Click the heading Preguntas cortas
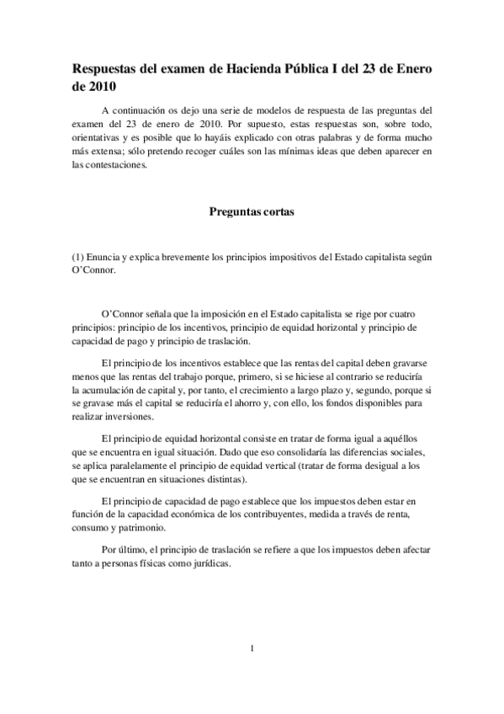(x=252, y=212)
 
